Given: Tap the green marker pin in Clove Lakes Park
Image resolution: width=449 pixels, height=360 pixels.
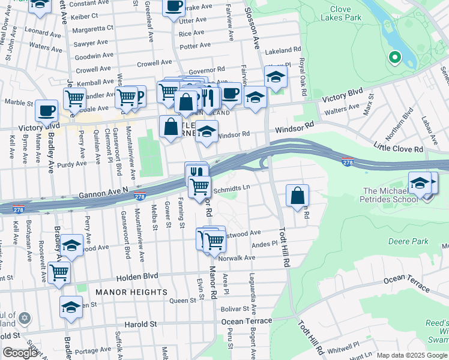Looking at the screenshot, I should click(x=394, y=58).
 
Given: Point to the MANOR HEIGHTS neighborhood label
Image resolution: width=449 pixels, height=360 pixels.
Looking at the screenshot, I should click(x=131, y=292).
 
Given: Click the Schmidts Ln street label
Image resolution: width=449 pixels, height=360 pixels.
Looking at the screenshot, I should click(x=231, y=188).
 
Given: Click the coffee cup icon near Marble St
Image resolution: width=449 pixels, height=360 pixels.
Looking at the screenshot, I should click(x=46, y=110).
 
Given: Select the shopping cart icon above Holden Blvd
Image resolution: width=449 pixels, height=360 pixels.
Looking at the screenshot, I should click(x=59, y=271).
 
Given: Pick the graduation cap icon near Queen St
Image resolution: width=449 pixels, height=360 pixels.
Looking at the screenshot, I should click(x=71, y=307).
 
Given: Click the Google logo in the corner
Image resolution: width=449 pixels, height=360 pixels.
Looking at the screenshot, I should click(x=20, y=353).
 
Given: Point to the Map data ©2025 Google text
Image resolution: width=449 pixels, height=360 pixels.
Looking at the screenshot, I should click(x=411, y=355).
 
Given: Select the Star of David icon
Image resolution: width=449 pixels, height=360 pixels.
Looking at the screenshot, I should click(x=23, y=317).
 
